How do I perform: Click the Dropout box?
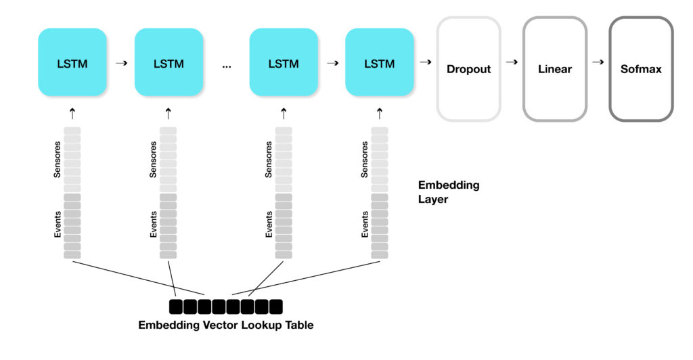click(468, 69)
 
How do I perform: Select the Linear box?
click(554, 69)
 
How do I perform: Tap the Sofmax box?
click(641, 69)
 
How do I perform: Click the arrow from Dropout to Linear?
click(512, 62)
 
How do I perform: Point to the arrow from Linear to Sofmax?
click(598, 62)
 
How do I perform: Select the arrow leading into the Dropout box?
click(426, 62)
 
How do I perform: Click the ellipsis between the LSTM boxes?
click(226, 66)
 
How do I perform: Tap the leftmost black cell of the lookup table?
click(175, 307)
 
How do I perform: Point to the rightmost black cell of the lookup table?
click(275, 307)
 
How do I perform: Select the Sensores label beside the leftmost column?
click(58, 160)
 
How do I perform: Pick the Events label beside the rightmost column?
click(365, 225)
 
